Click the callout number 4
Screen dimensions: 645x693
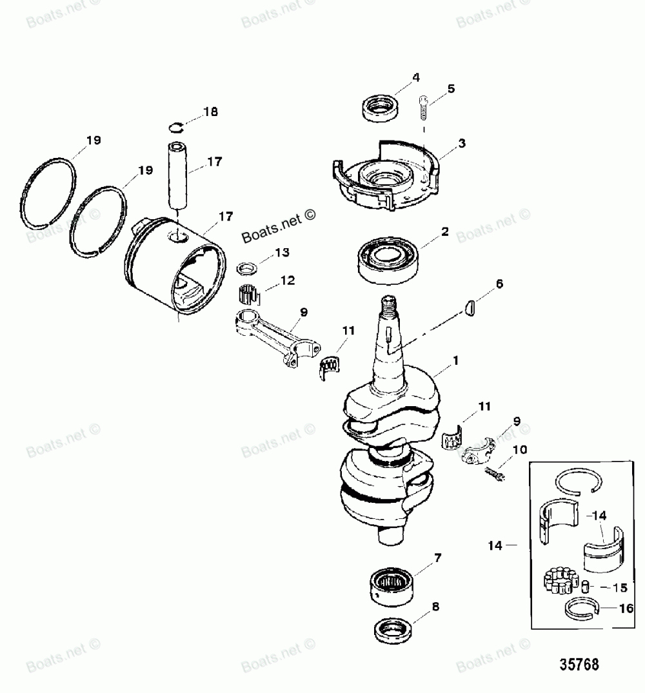(416, 77)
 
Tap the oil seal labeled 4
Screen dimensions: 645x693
(380, 107)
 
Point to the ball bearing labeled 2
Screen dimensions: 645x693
(387, 259)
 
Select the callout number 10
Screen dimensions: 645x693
(520, 449)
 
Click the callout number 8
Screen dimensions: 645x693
(436, 606)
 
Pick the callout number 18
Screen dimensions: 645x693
(210, 112)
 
